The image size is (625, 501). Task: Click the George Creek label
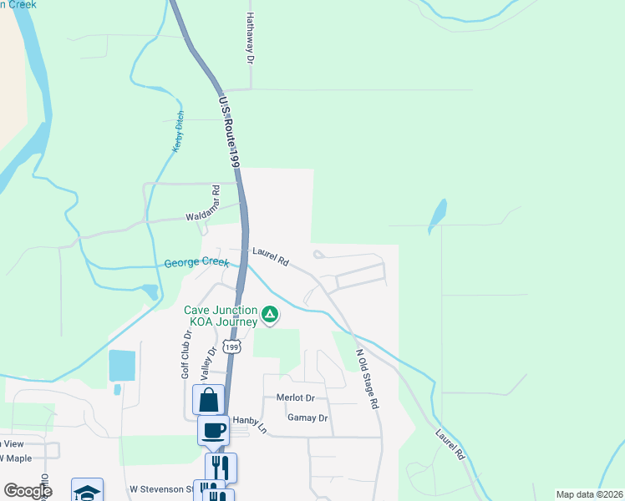coord(196,263)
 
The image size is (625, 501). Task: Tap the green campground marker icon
coord(270,315)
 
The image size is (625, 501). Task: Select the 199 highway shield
coord(234,346)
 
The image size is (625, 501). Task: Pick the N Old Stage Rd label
coord(368,377)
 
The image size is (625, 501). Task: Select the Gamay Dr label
coord(307,417)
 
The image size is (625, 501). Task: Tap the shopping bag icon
coord(208,399)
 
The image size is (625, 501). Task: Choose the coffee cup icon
coord(213,430)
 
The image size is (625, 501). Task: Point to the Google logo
coord(27,491)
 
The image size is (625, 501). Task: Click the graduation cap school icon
coord(87,491)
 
